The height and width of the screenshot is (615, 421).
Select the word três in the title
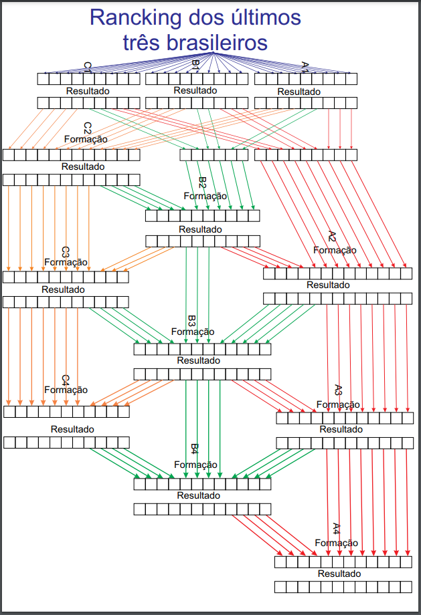[144, 43]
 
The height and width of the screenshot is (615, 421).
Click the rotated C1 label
[87, 68]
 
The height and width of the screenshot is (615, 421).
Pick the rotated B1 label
[195, 66]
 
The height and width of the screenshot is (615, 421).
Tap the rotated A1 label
[305, 67]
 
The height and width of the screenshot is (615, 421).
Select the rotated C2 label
[87, 127]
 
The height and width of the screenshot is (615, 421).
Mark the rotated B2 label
[202, 183]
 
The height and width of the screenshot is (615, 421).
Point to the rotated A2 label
[333, 237]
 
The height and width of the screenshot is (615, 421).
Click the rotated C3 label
[66, 252]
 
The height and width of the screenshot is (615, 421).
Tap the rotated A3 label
[338, 390]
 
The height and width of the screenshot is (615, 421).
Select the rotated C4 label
[66, 380]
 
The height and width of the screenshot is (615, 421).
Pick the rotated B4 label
[195, 449]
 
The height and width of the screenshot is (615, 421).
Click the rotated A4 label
[337, 528]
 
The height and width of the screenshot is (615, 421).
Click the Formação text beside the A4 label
[336, 543]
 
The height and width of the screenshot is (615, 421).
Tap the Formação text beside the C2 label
[86, 139]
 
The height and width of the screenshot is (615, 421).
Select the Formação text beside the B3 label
[193, 332]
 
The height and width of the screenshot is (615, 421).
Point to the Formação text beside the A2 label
[335, 250]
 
